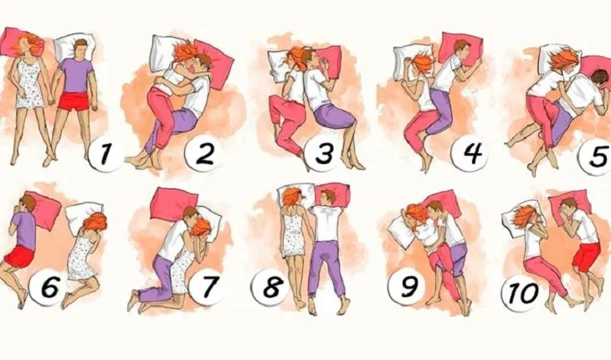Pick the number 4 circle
470,153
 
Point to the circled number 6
49,289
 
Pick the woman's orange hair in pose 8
292,198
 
